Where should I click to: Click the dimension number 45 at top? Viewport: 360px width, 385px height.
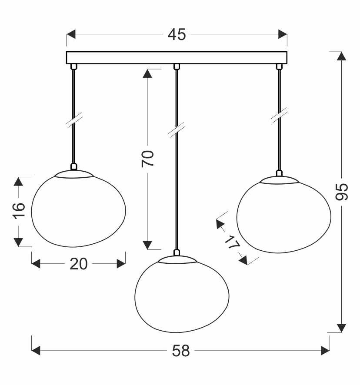pyautogui.click(x=177, y=34)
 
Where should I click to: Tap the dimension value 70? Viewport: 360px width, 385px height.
pyautogui.click(x=148, y=159)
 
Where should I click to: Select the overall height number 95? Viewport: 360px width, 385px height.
pyautogui.click(x=342, y=192)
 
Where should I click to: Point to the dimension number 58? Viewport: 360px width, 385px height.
pyautogui.click(x=181, y=351)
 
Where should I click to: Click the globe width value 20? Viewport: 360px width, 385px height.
pyautogui.click(x=79, y=264)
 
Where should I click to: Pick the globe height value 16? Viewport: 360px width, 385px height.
pyautogui.click(x=19, y=211)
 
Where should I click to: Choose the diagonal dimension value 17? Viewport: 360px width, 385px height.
pyautogui.click(x=232, y=242)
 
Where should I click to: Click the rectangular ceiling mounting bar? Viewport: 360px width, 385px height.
pyautogui.click(x=177, y=58)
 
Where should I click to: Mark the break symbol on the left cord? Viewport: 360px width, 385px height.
pyautogui.click(x=74, y=120)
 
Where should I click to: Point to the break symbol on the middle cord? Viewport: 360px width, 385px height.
pyautogui.click(x=177, y=129)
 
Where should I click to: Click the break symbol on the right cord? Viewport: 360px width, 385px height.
pyautogui.click(x=280, y=115)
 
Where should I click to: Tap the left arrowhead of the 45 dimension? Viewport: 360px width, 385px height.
pyautogui.click(x=71, y=34)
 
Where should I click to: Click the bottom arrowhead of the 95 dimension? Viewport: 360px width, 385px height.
pyautogui.click(x=342, y=328)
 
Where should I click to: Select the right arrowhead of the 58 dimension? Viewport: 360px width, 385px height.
pyautogui.click(x=325, y=351)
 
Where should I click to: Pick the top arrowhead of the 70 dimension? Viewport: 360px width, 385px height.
pyautogui.click(x=147, y=73)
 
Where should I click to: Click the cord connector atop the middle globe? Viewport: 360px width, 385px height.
pyautogui.click(x=177, y=252)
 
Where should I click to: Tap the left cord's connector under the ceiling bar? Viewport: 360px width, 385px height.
pyautogui.click(x=74, y=66)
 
